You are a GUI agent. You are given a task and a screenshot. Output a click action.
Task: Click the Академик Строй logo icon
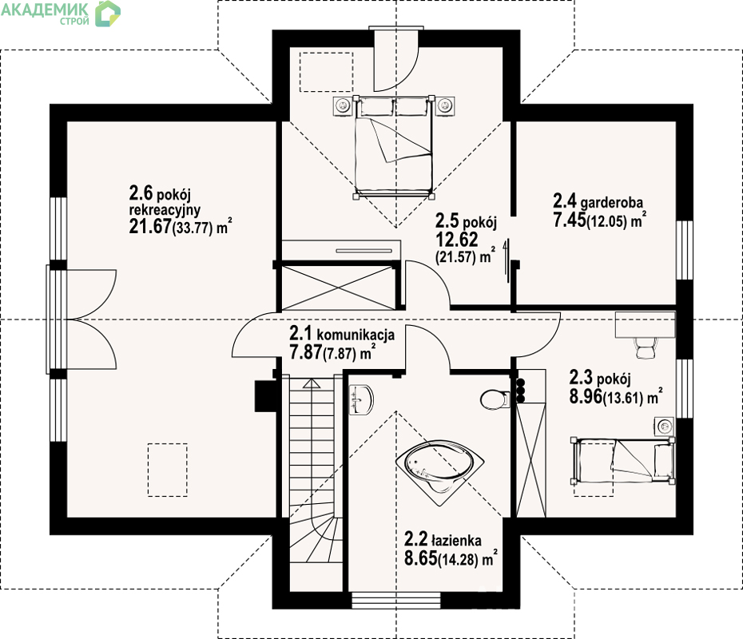108,14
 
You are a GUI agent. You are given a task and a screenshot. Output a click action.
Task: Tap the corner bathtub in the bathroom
439,467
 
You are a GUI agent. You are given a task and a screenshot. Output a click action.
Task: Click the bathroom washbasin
361,399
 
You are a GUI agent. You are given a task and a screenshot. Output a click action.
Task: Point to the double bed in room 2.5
394,147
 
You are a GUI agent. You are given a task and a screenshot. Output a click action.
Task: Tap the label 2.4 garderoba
598,202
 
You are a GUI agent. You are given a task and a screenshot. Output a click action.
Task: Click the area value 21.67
149,226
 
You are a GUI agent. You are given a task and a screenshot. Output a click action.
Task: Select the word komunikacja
356,335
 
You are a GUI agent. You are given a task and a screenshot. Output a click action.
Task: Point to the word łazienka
456,540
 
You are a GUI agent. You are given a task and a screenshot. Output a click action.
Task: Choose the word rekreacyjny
165,210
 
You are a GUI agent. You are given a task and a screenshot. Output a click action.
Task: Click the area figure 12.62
457,239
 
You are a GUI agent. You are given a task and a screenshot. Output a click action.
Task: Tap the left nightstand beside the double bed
341,105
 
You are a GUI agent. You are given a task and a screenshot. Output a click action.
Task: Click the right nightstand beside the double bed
446,105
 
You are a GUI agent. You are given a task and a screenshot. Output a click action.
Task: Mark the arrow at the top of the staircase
311,383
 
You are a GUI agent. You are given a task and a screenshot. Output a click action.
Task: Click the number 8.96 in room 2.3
586,396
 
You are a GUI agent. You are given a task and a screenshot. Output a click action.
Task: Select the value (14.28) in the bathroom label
459,561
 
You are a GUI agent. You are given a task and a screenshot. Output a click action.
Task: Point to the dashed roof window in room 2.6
167,470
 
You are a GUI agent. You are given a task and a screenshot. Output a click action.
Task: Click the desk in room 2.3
645,324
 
